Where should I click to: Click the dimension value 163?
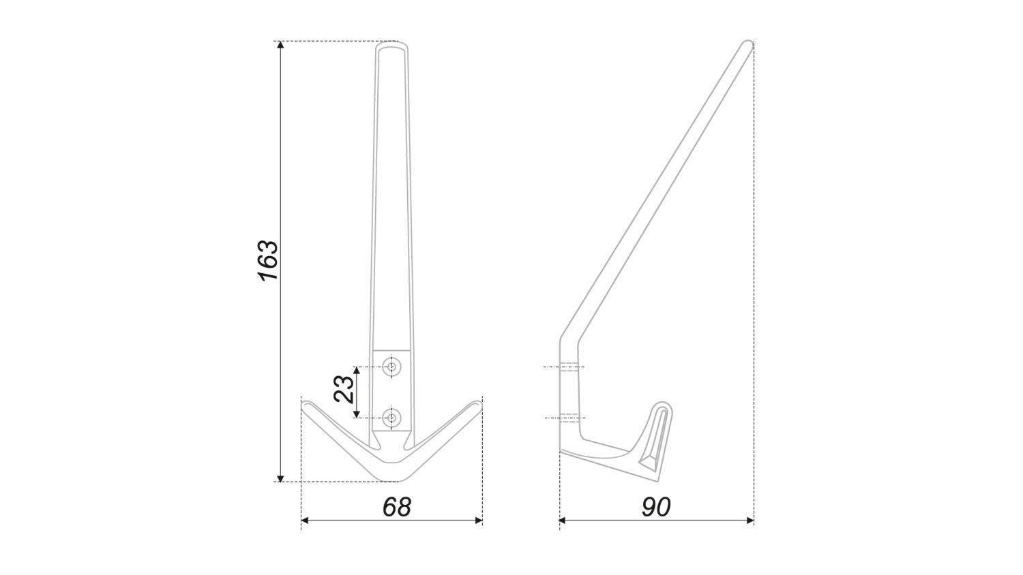[268, 260]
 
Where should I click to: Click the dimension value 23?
[344, 388]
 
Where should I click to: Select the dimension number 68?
[396, 506]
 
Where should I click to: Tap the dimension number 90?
[655, 506]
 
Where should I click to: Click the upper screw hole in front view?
[391, 367]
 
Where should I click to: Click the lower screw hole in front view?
[391, 417]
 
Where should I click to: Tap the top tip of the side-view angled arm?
[746, 45]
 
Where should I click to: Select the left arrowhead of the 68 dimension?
[306, 520]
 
